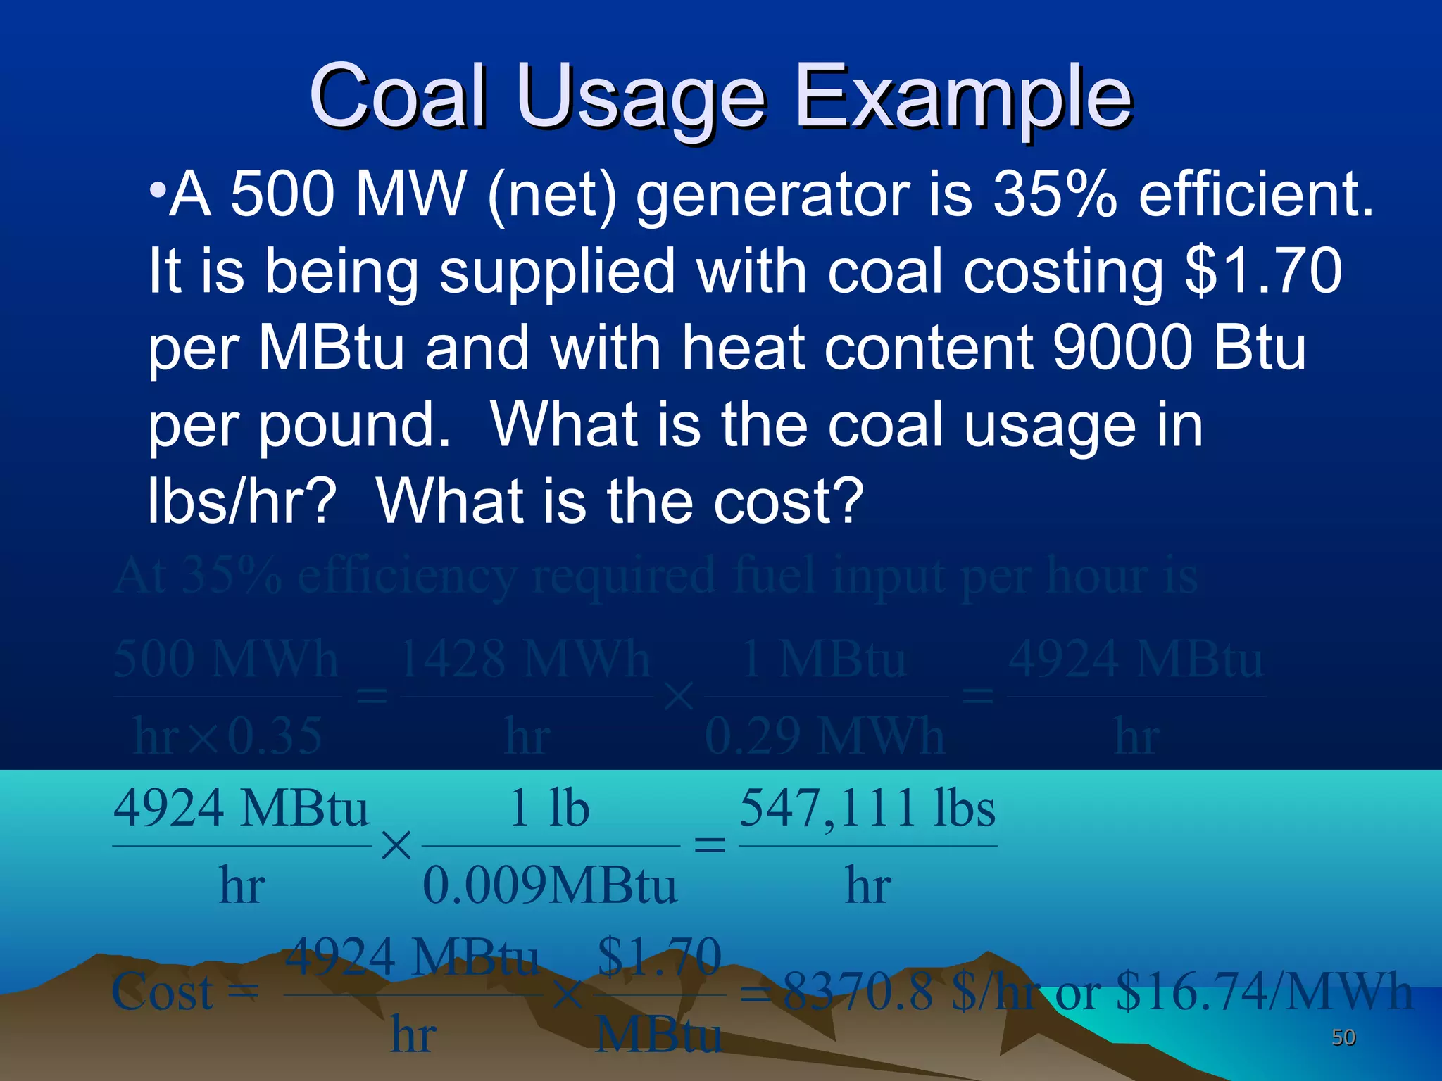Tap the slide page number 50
[x=1343, y=1037]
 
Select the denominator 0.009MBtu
[x=550, y=885]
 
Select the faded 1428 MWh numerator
[x=525, y=660]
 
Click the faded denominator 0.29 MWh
[x=825, y=737]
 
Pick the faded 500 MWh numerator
[x=226, y=660]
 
